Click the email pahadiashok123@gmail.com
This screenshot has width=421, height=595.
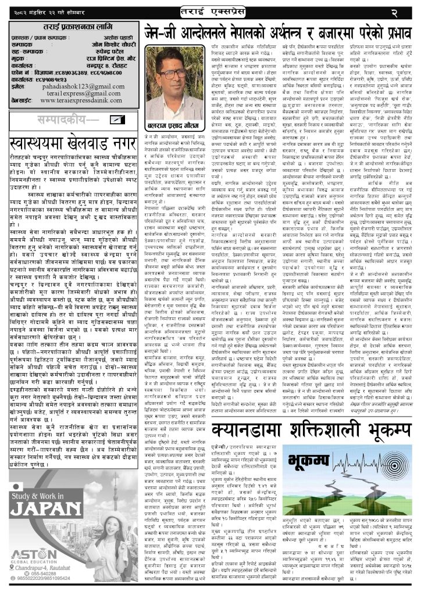pos(81,85)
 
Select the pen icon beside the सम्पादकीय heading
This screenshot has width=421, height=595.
pos(116,119)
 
